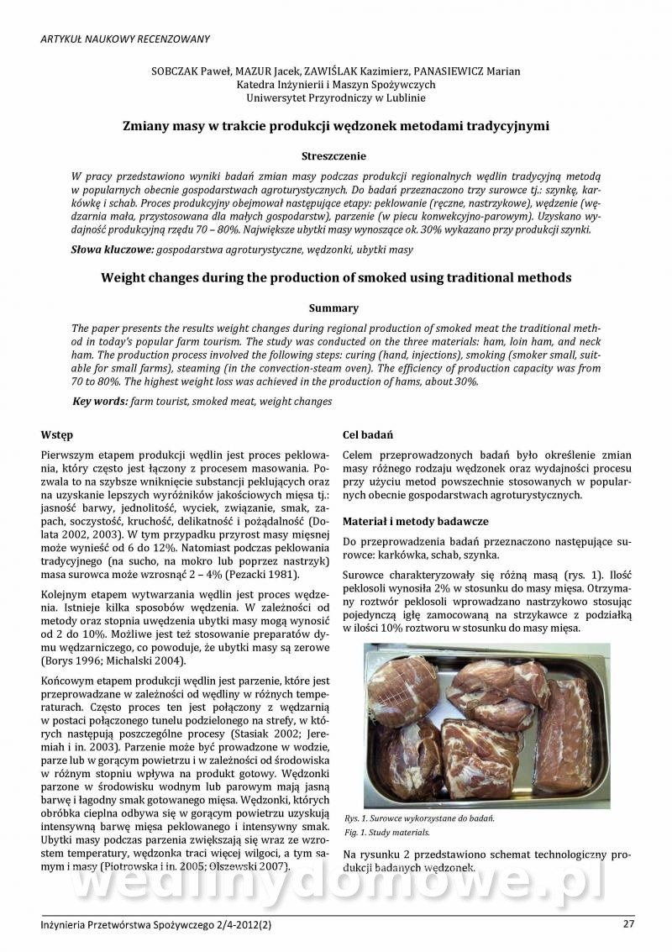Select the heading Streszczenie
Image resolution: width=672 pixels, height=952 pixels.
pyautogui.click(x=335, y=155)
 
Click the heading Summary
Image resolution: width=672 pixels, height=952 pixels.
pyautogui.click(x=335, y=308)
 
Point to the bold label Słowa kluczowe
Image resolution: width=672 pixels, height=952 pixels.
pyautogui.click(x=113, y=250)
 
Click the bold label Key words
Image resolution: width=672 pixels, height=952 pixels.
pyautogui.click(x=100, y=402)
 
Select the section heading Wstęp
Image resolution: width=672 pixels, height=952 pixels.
pyautogui.click(x=57, y=435)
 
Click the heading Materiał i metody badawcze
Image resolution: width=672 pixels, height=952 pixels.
pyautogui.click(x=416, y=521)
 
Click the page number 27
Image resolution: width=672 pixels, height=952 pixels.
pyautogui.click(x=628, y=924)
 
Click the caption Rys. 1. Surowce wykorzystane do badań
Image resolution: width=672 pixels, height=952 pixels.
pyautogui.click(x=419, y=818)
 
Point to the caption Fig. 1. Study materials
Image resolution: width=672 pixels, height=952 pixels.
pyautogui.click(x=387, y=832)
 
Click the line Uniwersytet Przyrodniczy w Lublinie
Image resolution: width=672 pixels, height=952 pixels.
pyautogui.click(x=335, y=98)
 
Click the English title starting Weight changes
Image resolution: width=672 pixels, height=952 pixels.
pyautogui.click(x=335, y=277)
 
